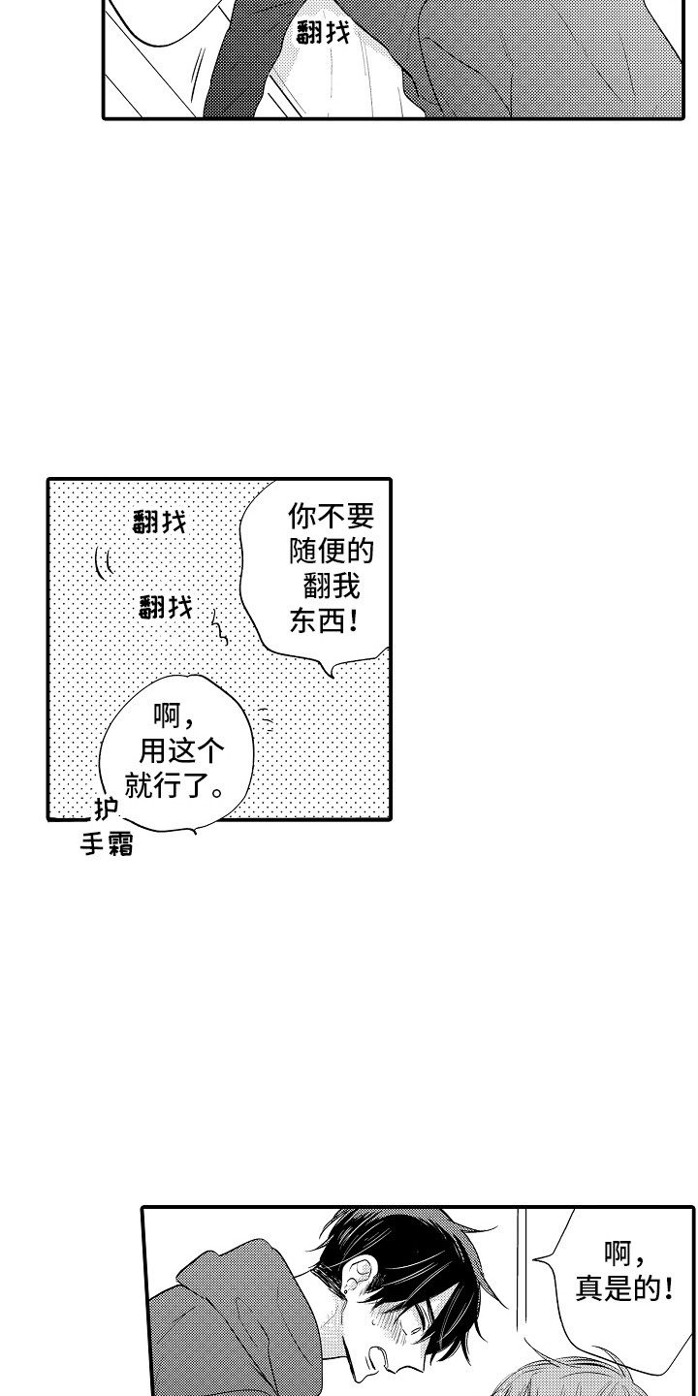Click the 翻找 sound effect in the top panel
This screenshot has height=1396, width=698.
324,34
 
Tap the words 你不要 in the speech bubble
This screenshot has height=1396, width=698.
331,514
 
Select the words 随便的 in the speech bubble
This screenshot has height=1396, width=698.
331,551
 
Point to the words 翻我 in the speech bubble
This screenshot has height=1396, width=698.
331,587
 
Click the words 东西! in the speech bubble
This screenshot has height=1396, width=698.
324,621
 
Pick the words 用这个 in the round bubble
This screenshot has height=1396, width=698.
175,748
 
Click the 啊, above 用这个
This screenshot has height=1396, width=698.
174,715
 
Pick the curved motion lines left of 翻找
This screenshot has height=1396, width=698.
103,562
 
